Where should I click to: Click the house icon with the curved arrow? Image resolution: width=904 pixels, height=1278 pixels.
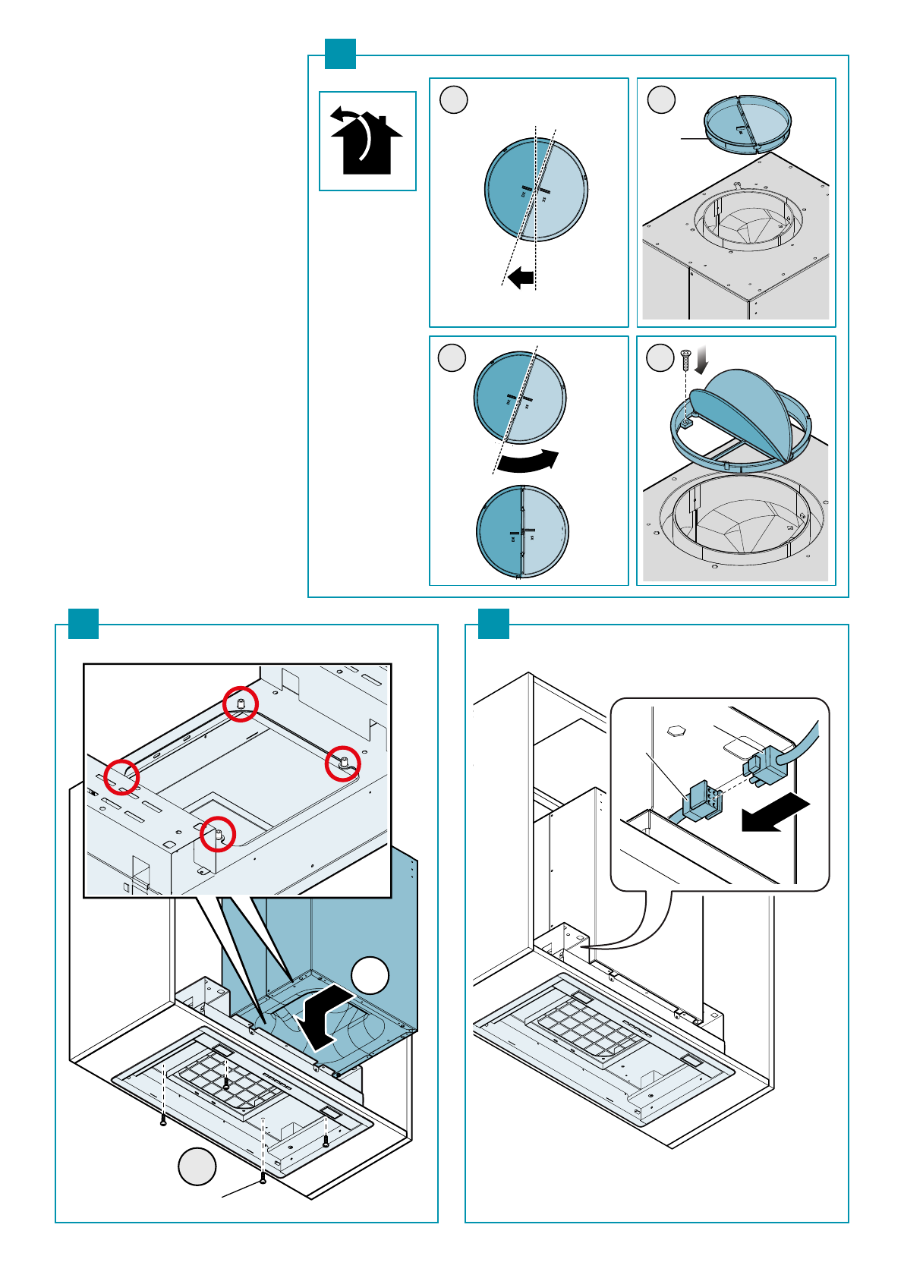367,142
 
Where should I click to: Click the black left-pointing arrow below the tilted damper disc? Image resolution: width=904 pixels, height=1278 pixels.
521,278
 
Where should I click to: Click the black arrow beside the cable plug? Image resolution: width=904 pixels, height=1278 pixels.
775,814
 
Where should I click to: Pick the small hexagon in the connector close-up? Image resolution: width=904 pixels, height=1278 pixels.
676,731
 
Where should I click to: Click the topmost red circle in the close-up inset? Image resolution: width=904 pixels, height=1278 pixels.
241,704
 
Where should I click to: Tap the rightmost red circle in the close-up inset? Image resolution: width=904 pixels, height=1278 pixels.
342,763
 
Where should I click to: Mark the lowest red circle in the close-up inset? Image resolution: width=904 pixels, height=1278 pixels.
218,833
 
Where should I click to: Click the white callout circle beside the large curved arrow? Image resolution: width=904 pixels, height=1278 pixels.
370,976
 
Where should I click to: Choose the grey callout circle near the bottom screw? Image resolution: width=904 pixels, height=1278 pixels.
197,1166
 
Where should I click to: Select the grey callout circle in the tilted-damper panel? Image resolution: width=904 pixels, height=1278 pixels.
454,100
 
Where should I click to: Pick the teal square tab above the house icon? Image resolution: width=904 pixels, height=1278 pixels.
340,54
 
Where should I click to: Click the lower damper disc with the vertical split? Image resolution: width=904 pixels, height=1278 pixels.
522,531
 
